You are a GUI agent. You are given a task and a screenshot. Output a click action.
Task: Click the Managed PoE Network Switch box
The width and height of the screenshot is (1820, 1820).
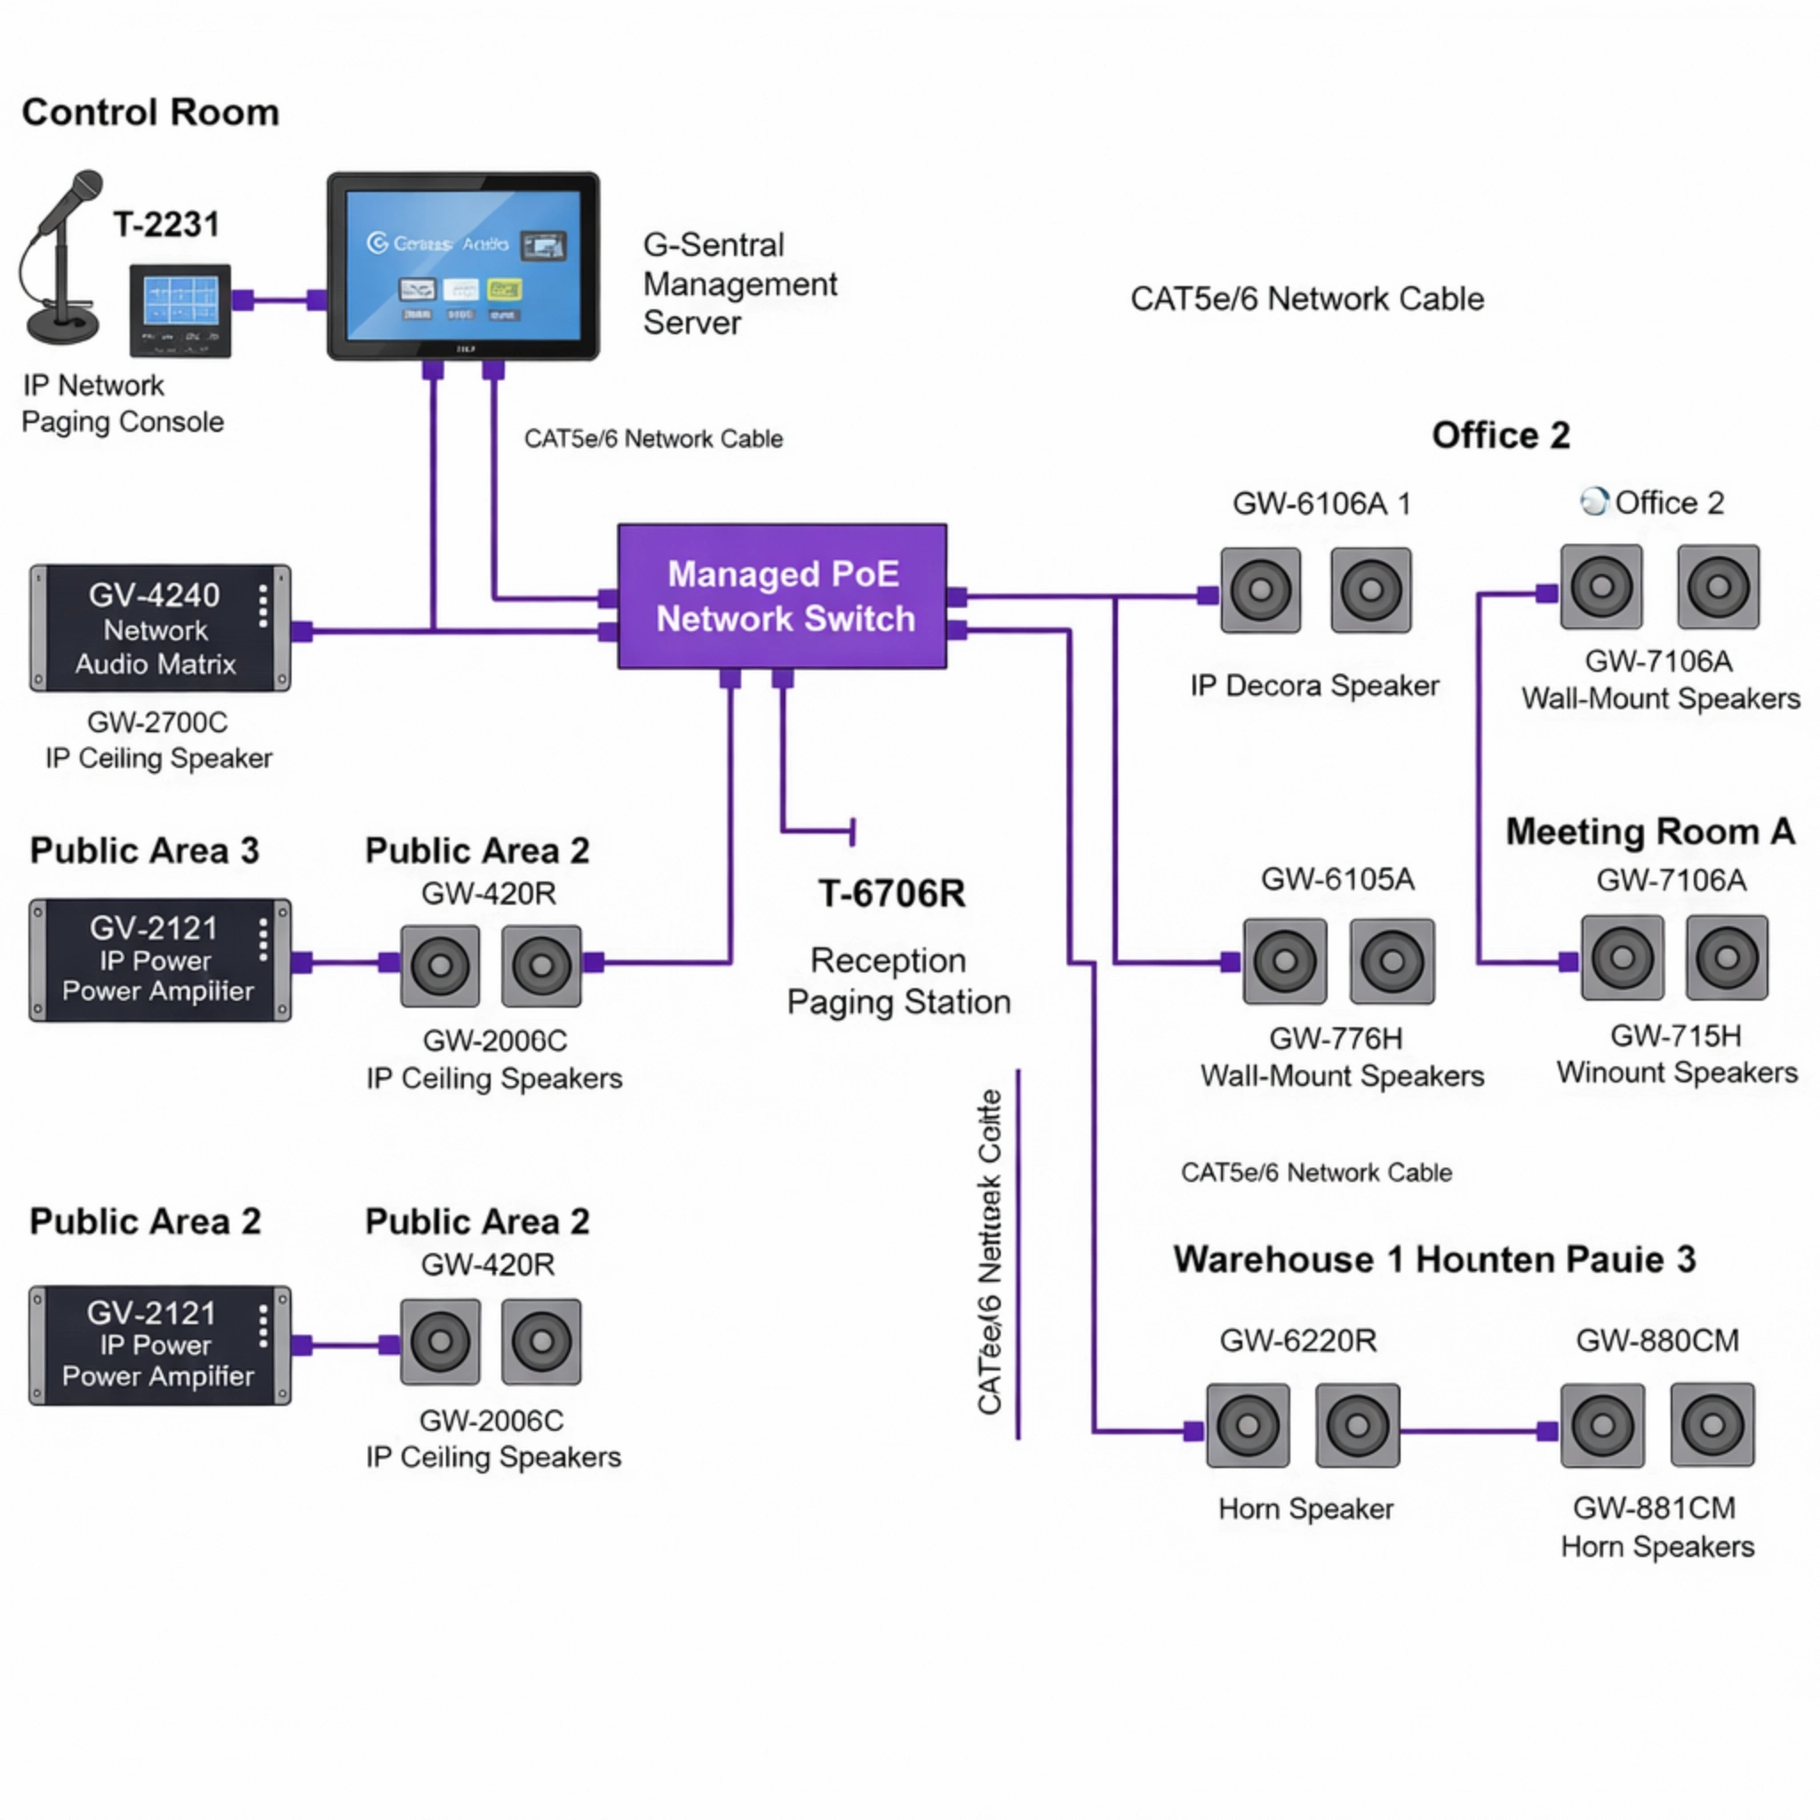[782, 596]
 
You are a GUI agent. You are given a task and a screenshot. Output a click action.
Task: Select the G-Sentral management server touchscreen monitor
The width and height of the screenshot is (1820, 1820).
[462, 266]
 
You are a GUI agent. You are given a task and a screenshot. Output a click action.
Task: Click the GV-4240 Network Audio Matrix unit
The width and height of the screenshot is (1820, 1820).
[159, 628]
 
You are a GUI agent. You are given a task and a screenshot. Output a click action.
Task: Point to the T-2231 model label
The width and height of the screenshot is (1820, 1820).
[167, 224]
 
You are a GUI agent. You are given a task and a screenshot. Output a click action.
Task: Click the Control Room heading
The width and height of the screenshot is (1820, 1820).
[151, 112]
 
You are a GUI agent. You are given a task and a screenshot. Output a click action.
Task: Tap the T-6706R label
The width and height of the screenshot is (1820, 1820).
[891, 893]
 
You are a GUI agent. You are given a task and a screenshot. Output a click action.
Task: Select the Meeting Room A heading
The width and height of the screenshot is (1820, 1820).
[1649, 832]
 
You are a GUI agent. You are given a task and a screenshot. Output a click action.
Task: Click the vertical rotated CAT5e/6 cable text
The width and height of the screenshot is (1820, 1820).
[989, 1253]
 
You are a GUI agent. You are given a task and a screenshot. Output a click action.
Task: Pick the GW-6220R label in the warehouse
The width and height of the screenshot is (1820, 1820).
[1298, 1339]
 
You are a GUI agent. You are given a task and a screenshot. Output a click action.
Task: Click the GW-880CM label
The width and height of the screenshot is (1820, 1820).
[1657, 1339]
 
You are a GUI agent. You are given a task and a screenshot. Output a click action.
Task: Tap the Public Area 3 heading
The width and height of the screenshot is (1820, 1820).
[144, 850]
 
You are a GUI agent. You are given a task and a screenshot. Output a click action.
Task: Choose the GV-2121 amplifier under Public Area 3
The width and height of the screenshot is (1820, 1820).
[159, 960]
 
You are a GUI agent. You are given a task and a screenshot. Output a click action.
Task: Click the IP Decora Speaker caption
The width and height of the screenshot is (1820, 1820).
[1314, 686]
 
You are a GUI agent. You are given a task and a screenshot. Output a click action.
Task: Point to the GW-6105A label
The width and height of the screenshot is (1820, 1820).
[1337, 879]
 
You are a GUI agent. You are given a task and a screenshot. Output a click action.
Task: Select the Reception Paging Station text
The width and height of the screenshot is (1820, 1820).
[898, 981]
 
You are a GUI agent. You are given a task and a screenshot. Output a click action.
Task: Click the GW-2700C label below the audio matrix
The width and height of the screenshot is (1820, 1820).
[157, 722]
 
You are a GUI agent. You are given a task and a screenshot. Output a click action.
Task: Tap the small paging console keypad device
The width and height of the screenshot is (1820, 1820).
[180, 311]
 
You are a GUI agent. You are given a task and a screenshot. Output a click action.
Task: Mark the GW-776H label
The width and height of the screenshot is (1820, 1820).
[1336, 1038]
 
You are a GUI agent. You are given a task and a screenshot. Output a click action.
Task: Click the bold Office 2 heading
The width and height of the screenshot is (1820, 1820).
[1501, 435]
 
